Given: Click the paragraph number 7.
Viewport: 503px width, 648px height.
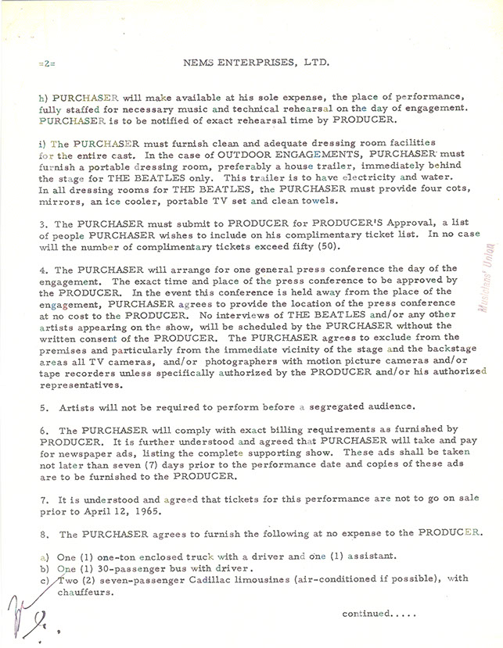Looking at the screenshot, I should (40, 497).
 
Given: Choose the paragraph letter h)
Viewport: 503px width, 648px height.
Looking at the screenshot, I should (41, 99).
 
